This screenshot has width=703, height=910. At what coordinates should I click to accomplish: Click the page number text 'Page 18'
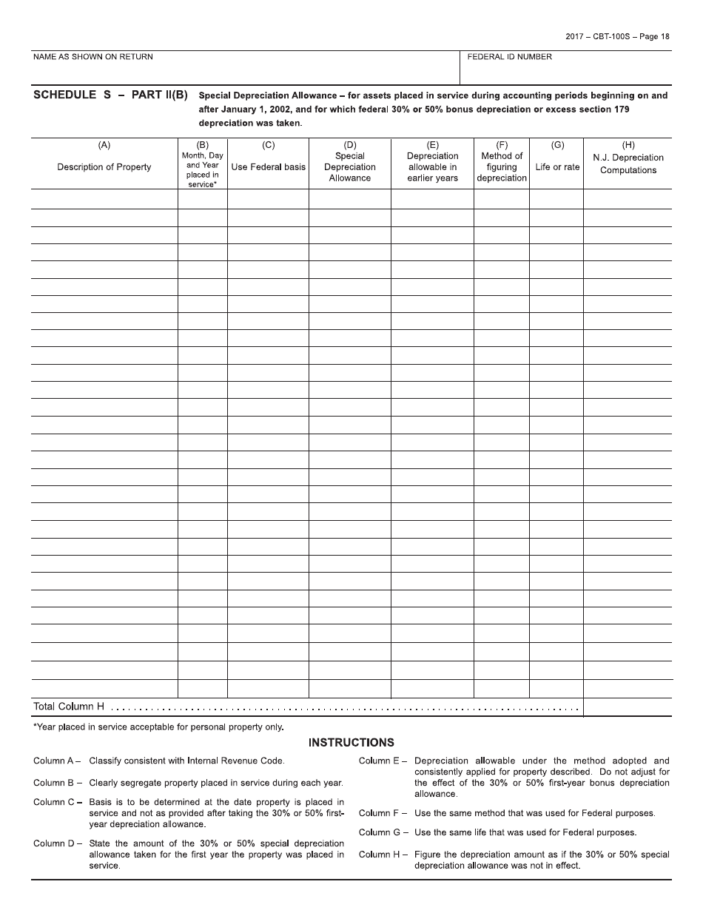pos(654,36)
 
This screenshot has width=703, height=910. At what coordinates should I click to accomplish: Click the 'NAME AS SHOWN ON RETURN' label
pos(93,57)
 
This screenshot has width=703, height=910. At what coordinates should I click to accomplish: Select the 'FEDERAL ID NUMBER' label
pos(509,57)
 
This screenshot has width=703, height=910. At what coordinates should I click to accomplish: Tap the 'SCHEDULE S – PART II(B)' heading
pos(111,95)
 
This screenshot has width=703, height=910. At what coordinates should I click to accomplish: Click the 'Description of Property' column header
pos(104,167)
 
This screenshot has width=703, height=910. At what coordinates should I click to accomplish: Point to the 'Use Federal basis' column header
pos(268,167)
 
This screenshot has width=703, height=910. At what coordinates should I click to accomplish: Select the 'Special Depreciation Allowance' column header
pos(350,167)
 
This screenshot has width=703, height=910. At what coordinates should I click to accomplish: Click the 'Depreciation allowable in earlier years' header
pos(432,167)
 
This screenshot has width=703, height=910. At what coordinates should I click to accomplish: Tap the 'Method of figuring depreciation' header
pos(502,167)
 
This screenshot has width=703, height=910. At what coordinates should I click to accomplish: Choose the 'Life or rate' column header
pos(557,167)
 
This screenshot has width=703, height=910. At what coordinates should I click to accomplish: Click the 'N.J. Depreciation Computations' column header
pos(628,164)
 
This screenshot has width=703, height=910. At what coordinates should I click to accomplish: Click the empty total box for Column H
pos(628,707)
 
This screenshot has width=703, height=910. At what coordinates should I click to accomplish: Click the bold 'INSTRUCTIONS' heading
pos(351,743)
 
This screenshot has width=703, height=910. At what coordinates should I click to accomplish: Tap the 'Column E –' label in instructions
pos(383,761)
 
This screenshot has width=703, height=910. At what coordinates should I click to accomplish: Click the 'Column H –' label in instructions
pos(383,855)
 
